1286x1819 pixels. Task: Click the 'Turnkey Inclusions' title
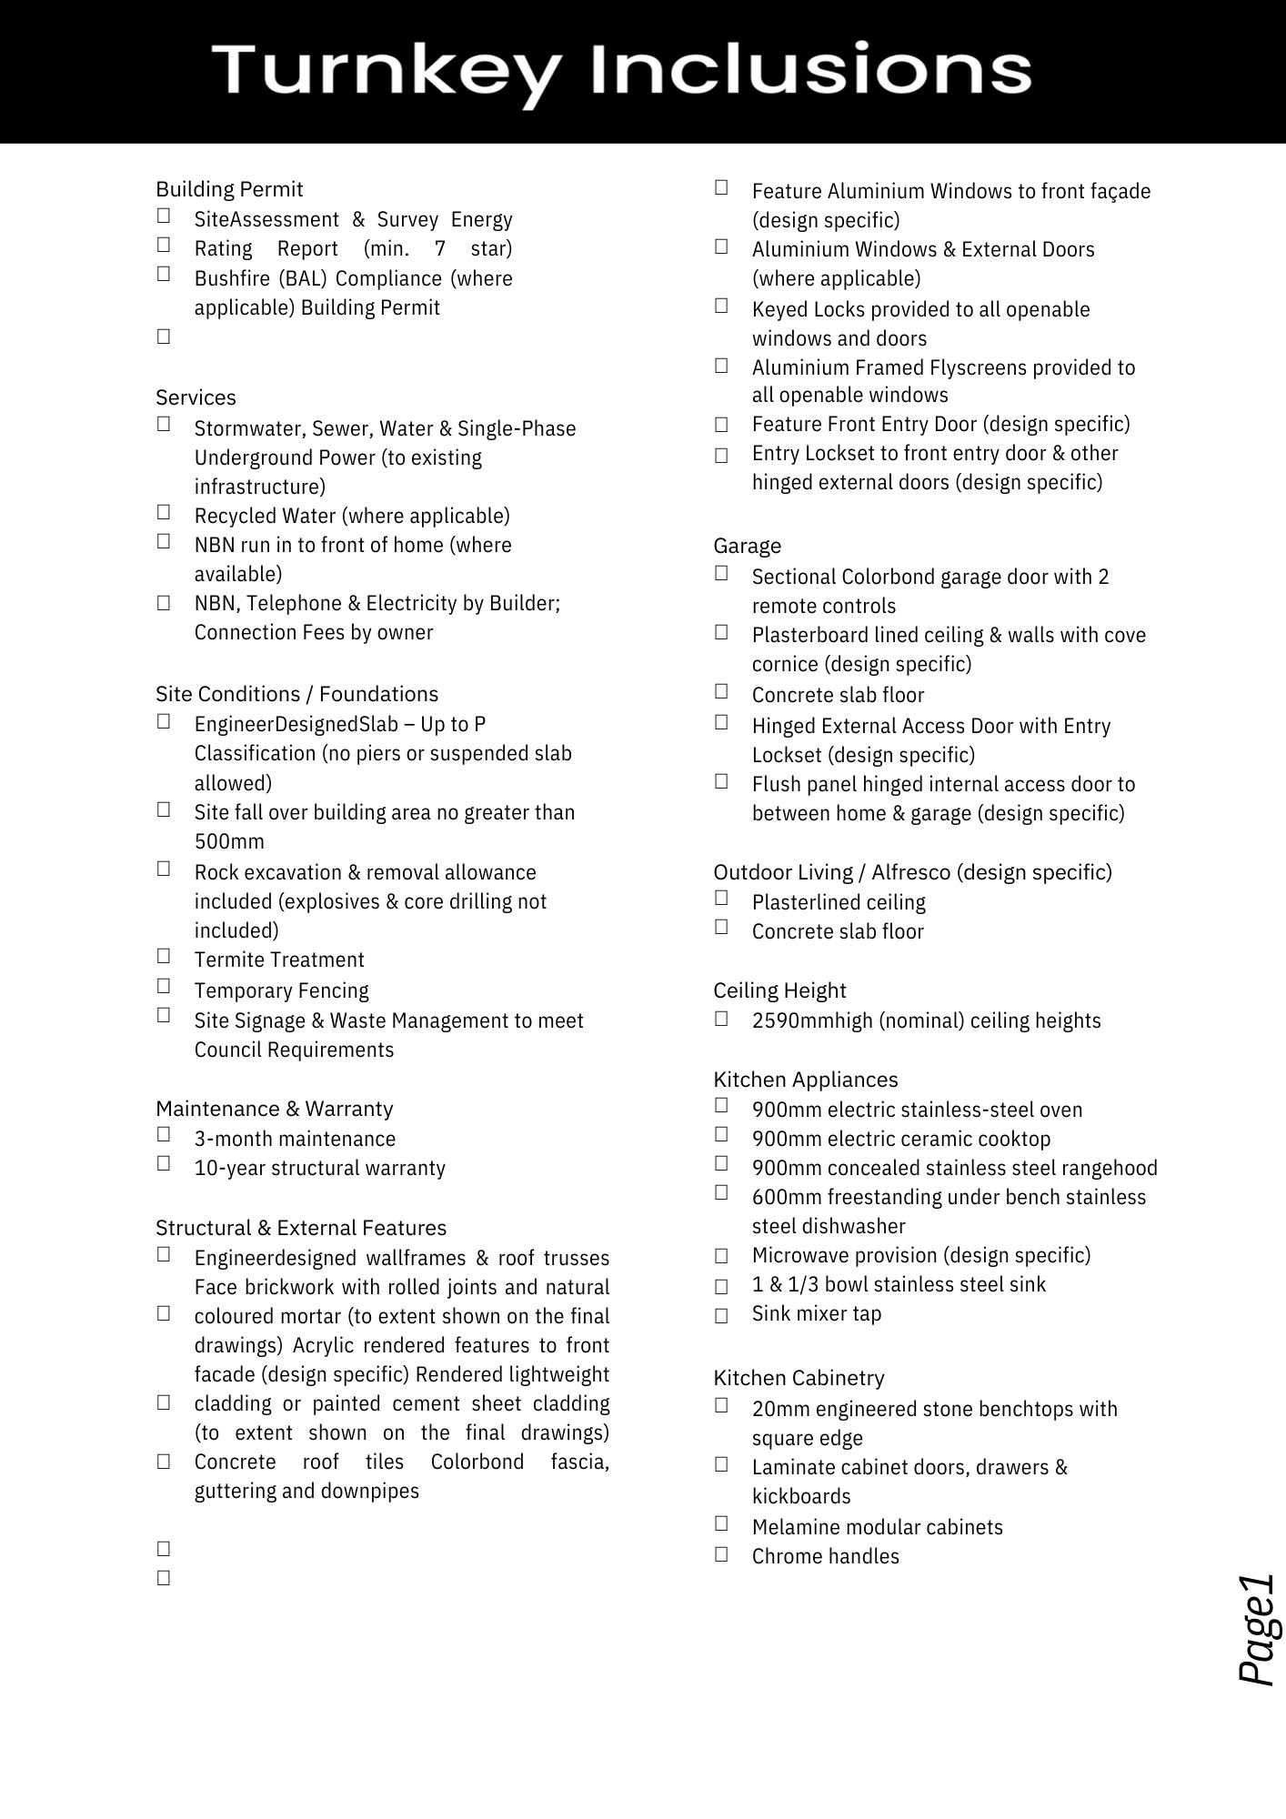tap(621, 71)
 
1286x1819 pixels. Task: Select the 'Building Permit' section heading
tap(229, 189)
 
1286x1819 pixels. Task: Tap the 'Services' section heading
tap(196, 397)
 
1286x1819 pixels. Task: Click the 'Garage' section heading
tap(747, 546)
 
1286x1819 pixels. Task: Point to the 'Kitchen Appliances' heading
tap(805, 1080)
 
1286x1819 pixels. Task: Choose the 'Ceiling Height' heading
tap(779, 990)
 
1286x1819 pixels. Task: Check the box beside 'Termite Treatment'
tap(164, 955)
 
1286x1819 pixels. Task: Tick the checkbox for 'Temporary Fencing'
tap(164, 986)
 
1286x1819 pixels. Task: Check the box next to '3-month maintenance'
tap(164, 1134)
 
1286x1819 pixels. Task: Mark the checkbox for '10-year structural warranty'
tap(164, 1163)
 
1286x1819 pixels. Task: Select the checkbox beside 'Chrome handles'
tap(721, 1553)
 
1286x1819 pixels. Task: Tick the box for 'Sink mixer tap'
tap(721, 1315)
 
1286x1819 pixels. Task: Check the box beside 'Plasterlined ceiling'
tap(721, 898)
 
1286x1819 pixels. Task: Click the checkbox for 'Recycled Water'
tap(164, 512)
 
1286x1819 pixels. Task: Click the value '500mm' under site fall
tap(229, 841)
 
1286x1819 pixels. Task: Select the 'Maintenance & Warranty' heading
tap(274, 1109)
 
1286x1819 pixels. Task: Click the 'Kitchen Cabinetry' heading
tap(799, 1378)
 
